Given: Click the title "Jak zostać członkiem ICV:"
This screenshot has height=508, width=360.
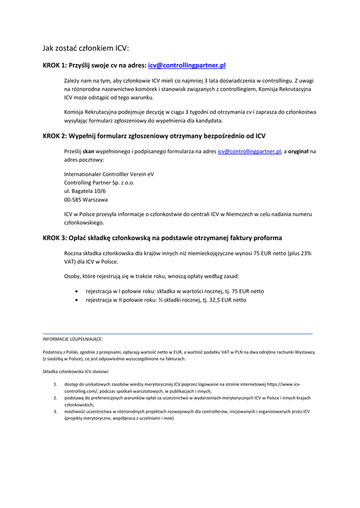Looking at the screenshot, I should [85, 48].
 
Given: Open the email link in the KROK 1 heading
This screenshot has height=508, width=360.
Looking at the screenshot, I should [187, 65].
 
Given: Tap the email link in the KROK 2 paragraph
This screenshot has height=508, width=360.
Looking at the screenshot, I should [250, 152].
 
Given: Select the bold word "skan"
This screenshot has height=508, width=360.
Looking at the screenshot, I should [88, 152].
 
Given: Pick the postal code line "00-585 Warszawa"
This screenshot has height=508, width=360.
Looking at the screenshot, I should [86, 199].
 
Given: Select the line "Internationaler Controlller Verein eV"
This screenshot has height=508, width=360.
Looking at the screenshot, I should [109, 174].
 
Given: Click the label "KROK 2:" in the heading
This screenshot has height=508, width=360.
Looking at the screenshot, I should [55, 136].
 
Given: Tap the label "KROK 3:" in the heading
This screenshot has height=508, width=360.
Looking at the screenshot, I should [55, 238].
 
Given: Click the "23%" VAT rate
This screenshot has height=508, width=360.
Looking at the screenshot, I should [304, 253].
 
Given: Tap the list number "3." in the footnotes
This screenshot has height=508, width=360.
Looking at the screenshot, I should [56, 411].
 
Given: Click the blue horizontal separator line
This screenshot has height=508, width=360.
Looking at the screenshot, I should [178, 334].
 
